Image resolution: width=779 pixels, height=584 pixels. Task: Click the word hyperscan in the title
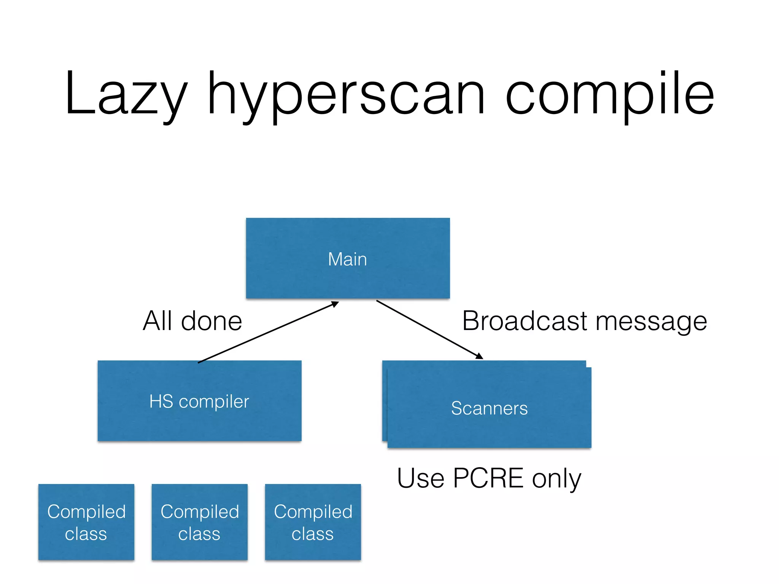[x=346, y=95]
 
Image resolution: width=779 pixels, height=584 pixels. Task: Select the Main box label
[x=347, y=259]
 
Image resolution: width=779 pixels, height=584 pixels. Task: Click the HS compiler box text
[x=199, y=401]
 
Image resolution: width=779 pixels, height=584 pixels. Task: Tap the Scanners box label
[x=489, y=408]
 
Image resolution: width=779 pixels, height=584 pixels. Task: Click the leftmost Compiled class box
[x=86, y=522]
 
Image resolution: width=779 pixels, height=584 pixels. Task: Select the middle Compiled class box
[x=200, y=522]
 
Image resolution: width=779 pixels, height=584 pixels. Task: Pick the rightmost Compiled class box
[x=313, y=522]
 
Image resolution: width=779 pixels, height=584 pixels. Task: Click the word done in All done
[x=211, y=321]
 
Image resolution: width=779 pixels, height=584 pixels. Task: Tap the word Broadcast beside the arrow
[x=525, y=321]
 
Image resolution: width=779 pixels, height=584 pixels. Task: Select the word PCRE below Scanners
[x=488, y=478]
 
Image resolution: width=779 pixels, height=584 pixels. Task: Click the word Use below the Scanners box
[x=421, y=478]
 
